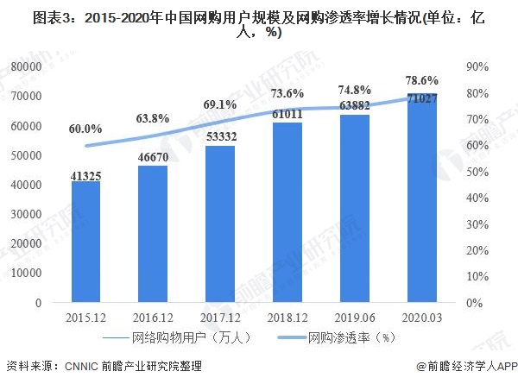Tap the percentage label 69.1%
tap(220, 104)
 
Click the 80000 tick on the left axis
tap(28, 66)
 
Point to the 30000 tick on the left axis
tap(28, 215)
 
